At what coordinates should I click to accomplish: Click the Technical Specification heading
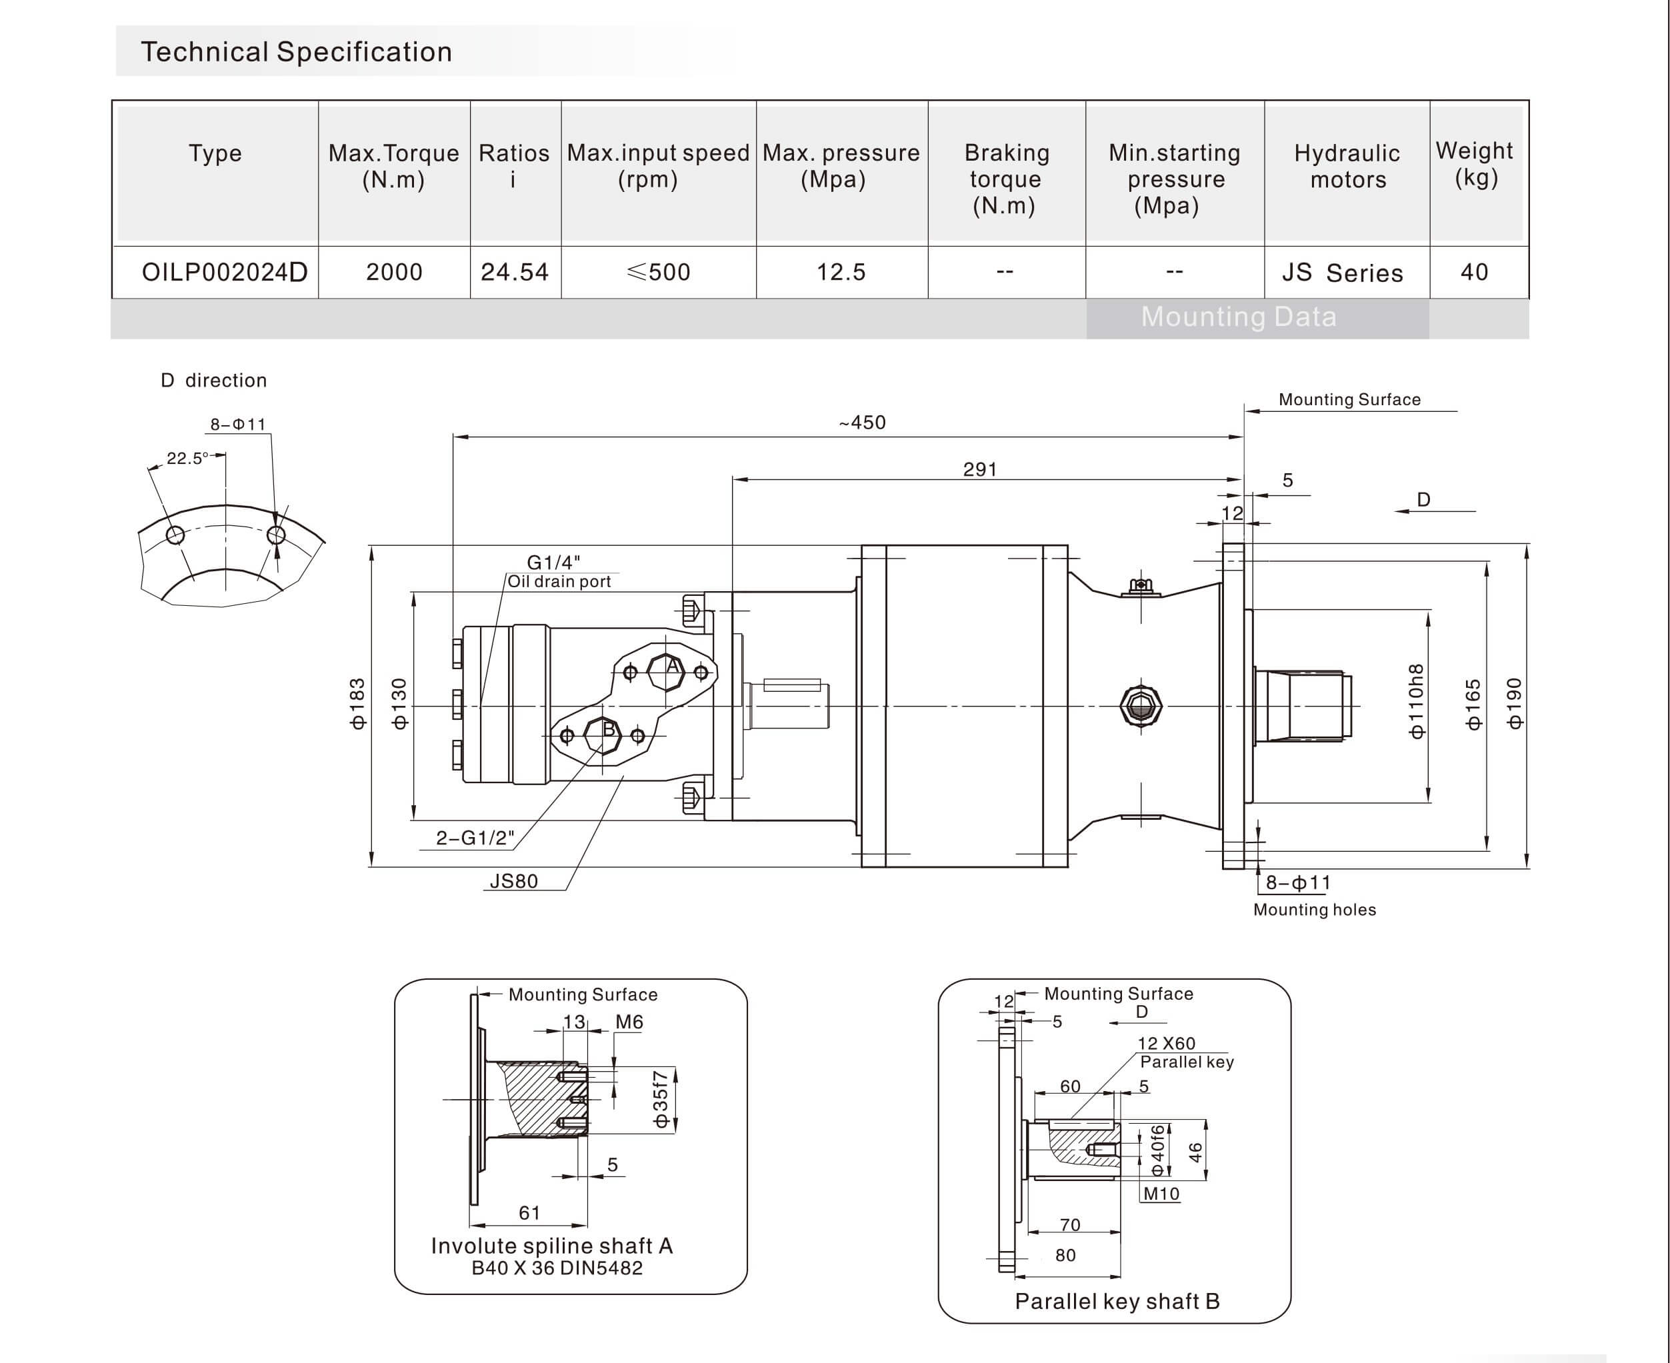(296, 52)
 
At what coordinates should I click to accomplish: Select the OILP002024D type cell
(224, 273)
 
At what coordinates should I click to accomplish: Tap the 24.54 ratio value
(514, 273)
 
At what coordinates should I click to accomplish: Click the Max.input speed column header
(658, 166)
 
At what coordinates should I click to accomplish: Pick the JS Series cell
(1343, 273)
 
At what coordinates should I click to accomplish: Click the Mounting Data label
(1238, 317)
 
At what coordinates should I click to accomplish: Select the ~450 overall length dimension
(862, 423)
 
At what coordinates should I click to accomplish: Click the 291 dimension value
(980, 469)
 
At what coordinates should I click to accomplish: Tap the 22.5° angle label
(187, 459)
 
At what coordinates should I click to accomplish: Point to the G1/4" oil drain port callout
(553, 562)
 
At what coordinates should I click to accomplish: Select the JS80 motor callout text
(513, 881)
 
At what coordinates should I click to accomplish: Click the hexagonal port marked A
(666, 671)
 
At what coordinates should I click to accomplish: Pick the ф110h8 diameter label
(1415, 701)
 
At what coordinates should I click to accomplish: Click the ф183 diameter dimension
(357, 704)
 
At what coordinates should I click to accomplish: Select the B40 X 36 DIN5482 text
(557, 1268)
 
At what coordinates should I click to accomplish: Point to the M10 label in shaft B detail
(1161, 1194)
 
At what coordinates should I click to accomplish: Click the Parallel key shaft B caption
(1117, 1302)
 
